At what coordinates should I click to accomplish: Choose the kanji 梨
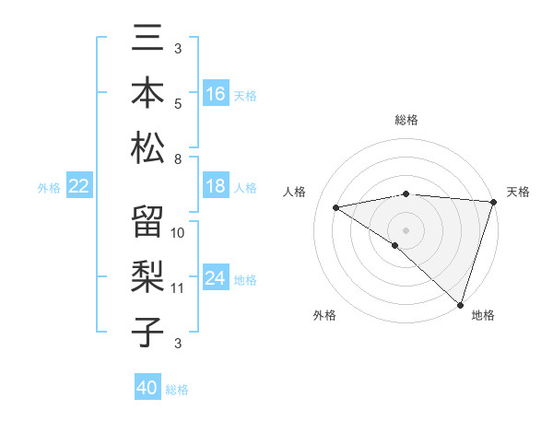tap(148, 275)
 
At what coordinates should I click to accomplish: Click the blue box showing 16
tap(216, 93)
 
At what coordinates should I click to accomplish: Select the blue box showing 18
tap(216, 186)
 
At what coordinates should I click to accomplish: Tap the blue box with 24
tap(216, 278)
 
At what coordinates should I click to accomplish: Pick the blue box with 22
tap(79, 186)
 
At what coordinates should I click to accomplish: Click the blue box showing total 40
tap(147, 388)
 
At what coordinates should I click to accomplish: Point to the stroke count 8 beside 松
tap(177, 158)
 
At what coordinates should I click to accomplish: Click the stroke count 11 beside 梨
tap(178, 288)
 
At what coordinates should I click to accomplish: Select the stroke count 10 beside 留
tap(178, 232)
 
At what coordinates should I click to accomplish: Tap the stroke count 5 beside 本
tap(177, 103)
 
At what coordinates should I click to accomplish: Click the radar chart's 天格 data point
tap(494, 201)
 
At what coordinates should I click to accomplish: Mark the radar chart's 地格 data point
tap(460, 304)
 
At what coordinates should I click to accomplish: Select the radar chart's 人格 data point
tap(336, 207)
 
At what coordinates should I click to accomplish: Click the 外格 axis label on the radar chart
tap(324, 315)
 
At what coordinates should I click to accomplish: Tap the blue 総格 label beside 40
tap(178, 390)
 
